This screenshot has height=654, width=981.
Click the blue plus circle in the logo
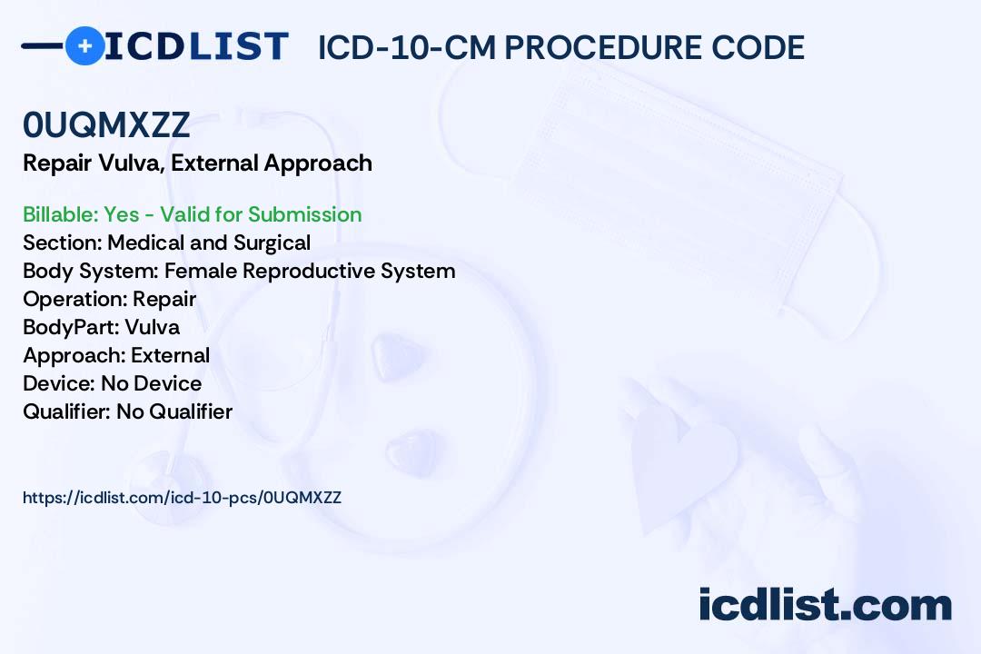coord(84,45)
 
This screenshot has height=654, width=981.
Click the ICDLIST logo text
coord(196,46)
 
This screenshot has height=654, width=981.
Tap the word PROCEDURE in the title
coord(603,47)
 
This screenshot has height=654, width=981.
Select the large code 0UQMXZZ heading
coord(106,124)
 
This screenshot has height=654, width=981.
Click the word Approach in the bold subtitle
coord(318,164)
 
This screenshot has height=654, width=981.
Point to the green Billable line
coord(192,214)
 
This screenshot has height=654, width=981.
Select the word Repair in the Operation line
coord(164,300)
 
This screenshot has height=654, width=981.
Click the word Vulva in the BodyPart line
coord(152,327)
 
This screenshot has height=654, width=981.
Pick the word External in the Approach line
coord(170,355)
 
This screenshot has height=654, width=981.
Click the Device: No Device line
coord(112,383)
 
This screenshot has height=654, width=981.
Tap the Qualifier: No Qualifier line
coord(128,411)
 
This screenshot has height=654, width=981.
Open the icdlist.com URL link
coord(182,498)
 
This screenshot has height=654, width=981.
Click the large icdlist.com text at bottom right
coord(825,604)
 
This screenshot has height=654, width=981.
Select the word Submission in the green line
coord(304,214)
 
